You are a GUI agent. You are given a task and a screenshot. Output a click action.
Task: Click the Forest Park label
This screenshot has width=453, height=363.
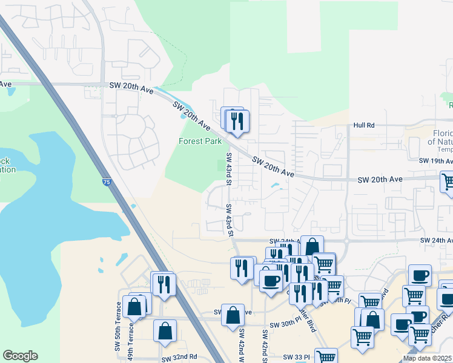click(x=200, y=141)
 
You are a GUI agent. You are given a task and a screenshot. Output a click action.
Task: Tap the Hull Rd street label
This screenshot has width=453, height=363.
click(x=365, y=125)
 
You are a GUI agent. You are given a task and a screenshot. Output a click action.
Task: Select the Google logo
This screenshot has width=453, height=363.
click(x=20, y=356)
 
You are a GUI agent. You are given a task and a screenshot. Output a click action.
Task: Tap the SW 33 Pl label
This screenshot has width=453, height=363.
click(x=297, y=357)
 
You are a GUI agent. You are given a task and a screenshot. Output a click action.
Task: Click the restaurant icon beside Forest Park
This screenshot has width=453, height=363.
click(x=237, y=121)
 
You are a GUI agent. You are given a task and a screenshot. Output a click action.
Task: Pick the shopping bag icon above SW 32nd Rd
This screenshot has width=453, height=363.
click(x=165, y=331)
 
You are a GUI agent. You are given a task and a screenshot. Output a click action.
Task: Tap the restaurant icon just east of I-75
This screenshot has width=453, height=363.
click(x=164, y=284)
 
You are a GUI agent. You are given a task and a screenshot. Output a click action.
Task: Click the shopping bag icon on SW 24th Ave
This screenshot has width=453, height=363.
click(x=312, y=247)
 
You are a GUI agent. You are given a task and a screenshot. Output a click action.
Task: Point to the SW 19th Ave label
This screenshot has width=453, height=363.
click(x=436, y=161)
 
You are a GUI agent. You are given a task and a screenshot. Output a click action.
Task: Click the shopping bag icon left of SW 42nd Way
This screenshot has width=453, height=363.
click(x=233, y=315)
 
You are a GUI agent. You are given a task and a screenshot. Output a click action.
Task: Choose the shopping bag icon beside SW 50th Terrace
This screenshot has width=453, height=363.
click(x=134, y=307)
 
